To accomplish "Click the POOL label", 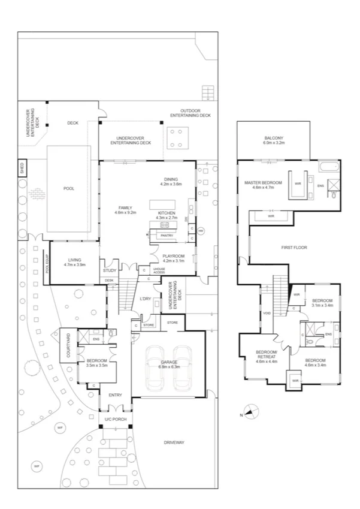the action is (x=69, y=188).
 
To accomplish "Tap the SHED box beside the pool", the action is (x=22, y=167).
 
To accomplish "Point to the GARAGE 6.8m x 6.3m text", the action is (x=171, y=365).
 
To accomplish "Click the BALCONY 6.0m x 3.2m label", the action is (x=274, y=140).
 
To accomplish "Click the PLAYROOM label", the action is (x=174, y=258).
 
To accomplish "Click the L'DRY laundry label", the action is (x=144, y=299).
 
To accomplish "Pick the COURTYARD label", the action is (x=68, y=346).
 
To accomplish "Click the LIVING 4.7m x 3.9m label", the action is (x=74, y=261).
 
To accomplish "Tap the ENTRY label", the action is (x=115, y=395).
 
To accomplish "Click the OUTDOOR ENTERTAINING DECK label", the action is (x=190, y=113).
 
